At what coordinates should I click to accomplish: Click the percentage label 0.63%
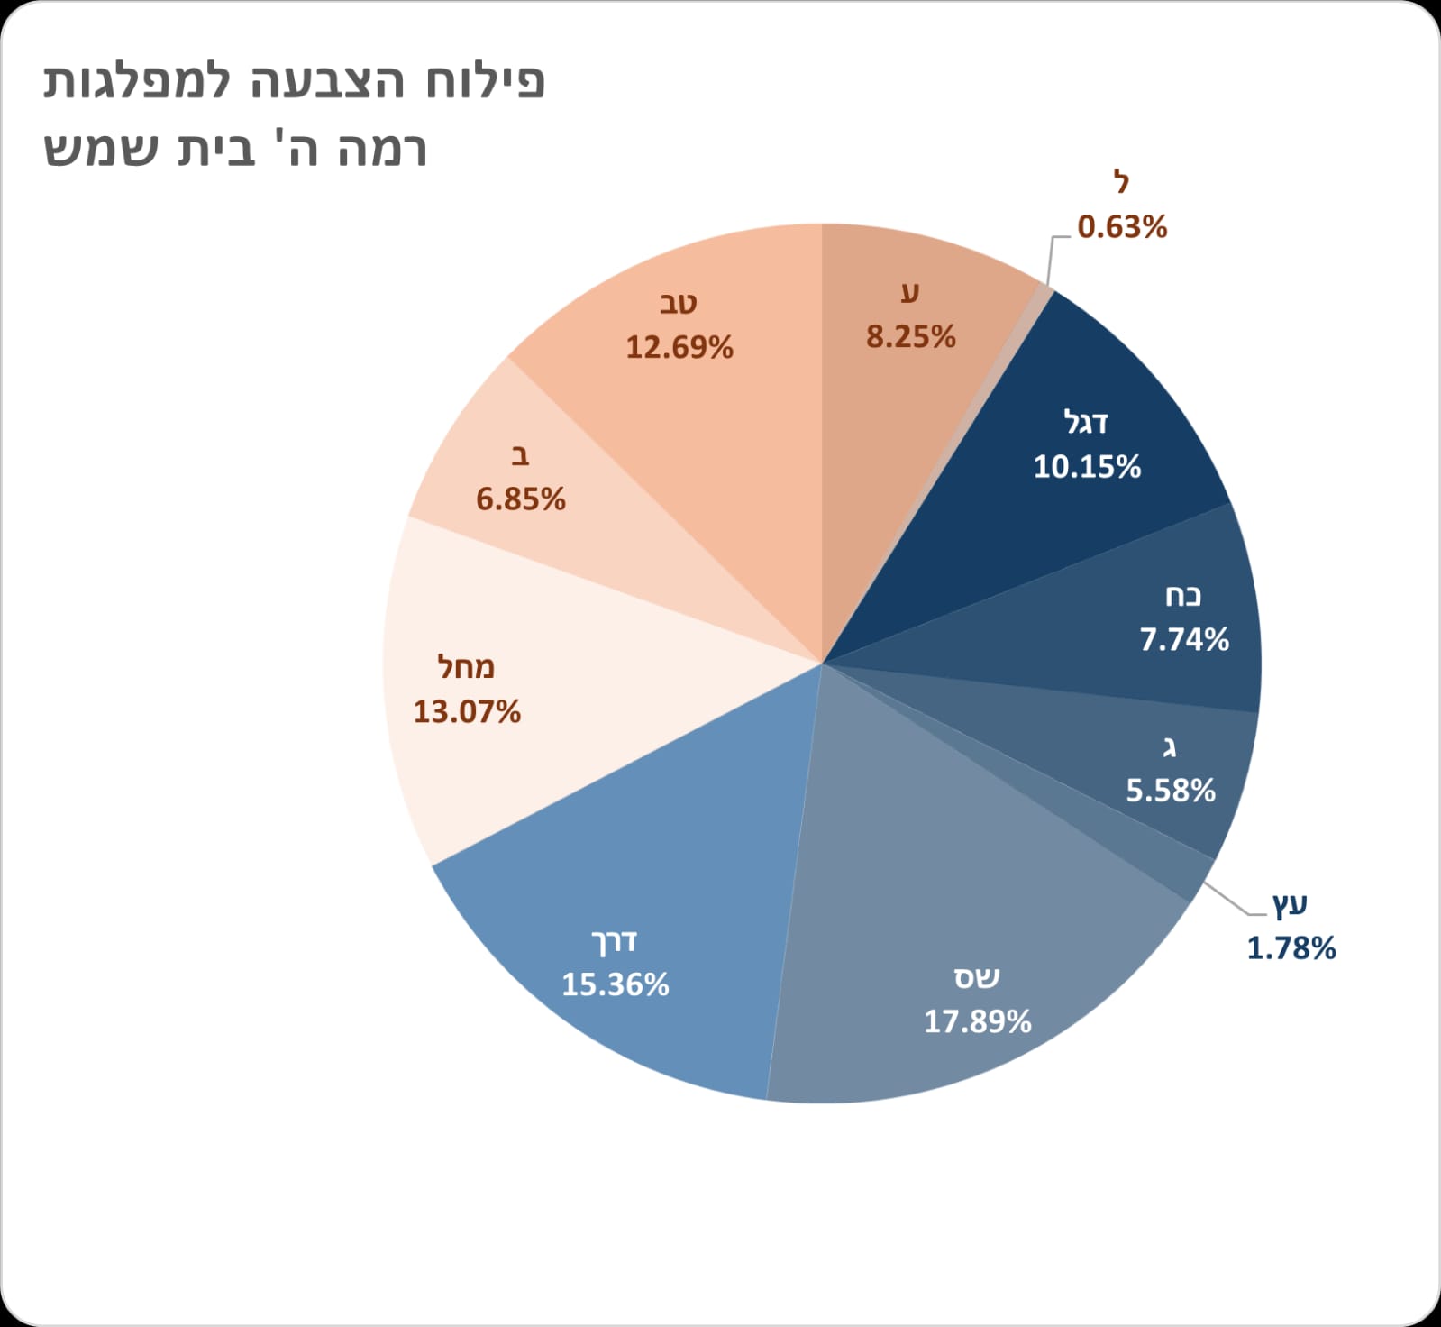click(1122, 227)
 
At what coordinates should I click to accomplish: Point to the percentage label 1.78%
click(1291, 948)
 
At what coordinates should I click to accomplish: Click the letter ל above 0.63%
click(1120, 183)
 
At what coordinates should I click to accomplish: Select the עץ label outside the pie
click(1289, 903)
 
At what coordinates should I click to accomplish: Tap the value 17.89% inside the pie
click(977, 1021)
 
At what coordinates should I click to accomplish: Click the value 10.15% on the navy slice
click(1087, 467)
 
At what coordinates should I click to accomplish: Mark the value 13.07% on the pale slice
click(467, 712)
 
